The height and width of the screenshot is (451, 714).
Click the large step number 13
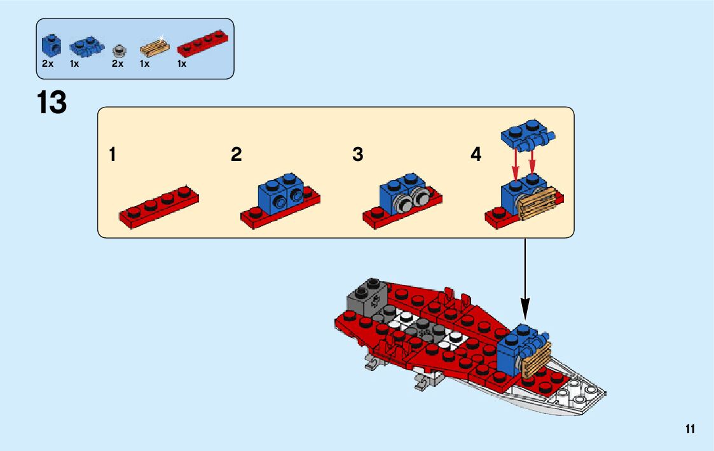coord(51,102)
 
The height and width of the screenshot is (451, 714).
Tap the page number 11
coord(690,429)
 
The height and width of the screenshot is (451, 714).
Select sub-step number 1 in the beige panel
coord(113,155)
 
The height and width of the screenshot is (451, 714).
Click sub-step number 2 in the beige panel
coord(237,155)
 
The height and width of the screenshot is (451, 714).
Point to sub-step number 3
coord(358,155)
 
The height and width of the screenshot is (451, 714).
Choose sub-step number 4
coord(476,155)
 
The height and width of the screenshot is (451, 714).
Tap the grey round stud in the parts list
coord(118,50)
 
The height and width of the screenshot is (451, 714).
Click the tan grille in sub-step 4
coord(540,202)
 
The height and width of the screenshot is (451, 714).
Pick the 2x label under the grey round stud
coord(117,64)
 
